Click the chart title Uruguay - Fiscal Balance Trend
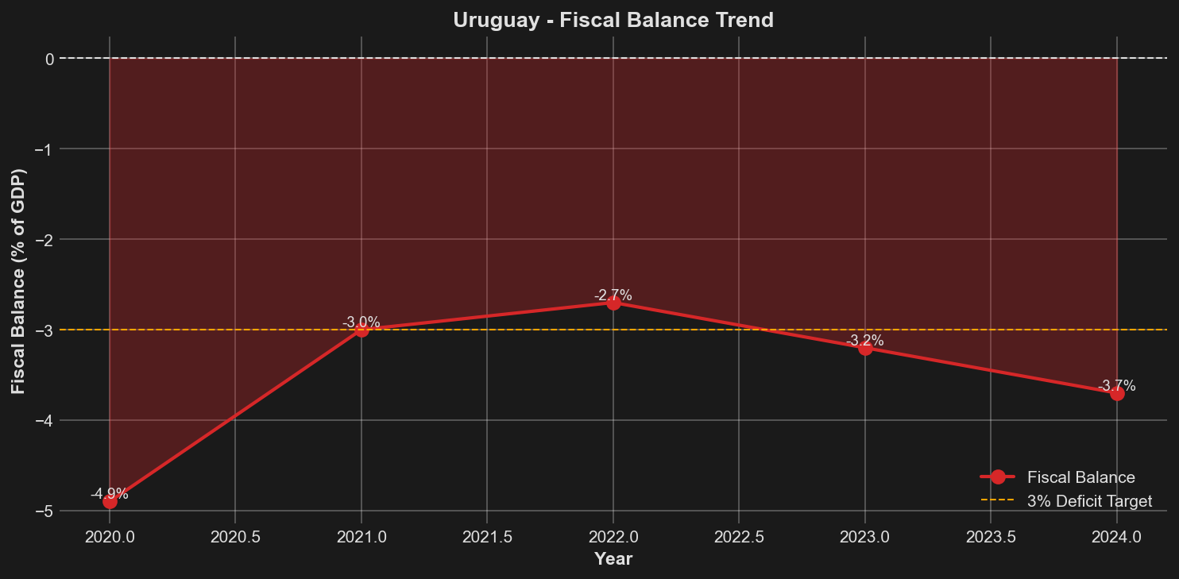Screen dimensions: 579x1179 click(613, 20)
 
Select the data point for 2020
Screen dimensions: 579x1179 click(110, 501)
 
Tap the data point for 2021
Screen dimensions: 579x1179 click(361, 330)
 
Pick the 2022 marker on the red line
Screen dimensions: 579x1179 click(613, 303)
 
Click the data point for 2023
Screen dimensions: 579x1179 click(865, 348)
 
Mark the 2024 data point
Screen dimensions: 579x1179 click(1117, 393)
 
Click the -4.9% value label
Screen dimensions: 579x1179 click(110, 493)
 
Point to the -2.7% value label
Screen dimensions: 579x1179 click(613, 295)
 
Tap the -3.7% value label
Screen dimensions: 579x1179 click(1117, 386)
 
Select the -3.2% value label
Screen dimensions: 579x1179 click(865, 341)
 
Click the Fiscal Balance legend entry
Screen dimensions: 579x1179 click(1080, 477)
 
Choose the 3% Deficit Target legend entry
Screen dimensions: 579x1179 click(1088, 500)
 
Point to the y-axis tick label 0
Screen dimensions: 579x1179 click(49, 59)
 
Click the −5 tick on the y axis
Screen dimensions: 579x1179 click(44, 511)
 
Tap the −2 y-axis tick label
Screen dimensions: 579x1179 click(44, 239)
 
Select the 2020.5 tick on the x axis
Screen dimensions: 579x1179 click(235, 538)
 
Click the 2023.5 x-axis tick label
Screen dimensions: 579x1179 click(991, 538)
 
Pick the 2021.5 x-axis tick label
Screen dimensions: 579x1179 click(487, 538)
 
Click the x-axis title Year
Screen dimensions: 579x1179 click(613, 559)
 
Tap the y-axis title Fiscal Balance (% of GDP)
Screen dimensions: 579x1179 click(18, 282)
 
